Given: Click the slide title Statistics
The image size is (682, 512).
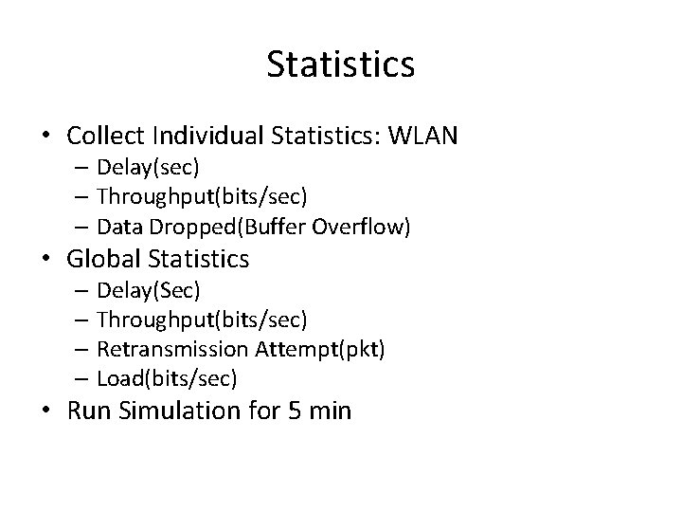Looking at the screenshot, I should coord(340,64).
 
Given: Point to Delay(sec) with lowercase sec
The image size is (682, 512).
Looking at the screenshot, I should coord(148,168).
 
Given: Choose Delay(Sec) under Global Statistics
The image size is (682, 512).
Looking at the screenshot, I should coord(149,288).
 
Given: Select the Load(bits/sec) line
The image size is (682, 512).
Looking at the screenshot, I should coord(167,378).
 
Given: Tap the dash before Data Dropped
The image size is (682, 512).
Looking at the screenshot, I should coord(79,228).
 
